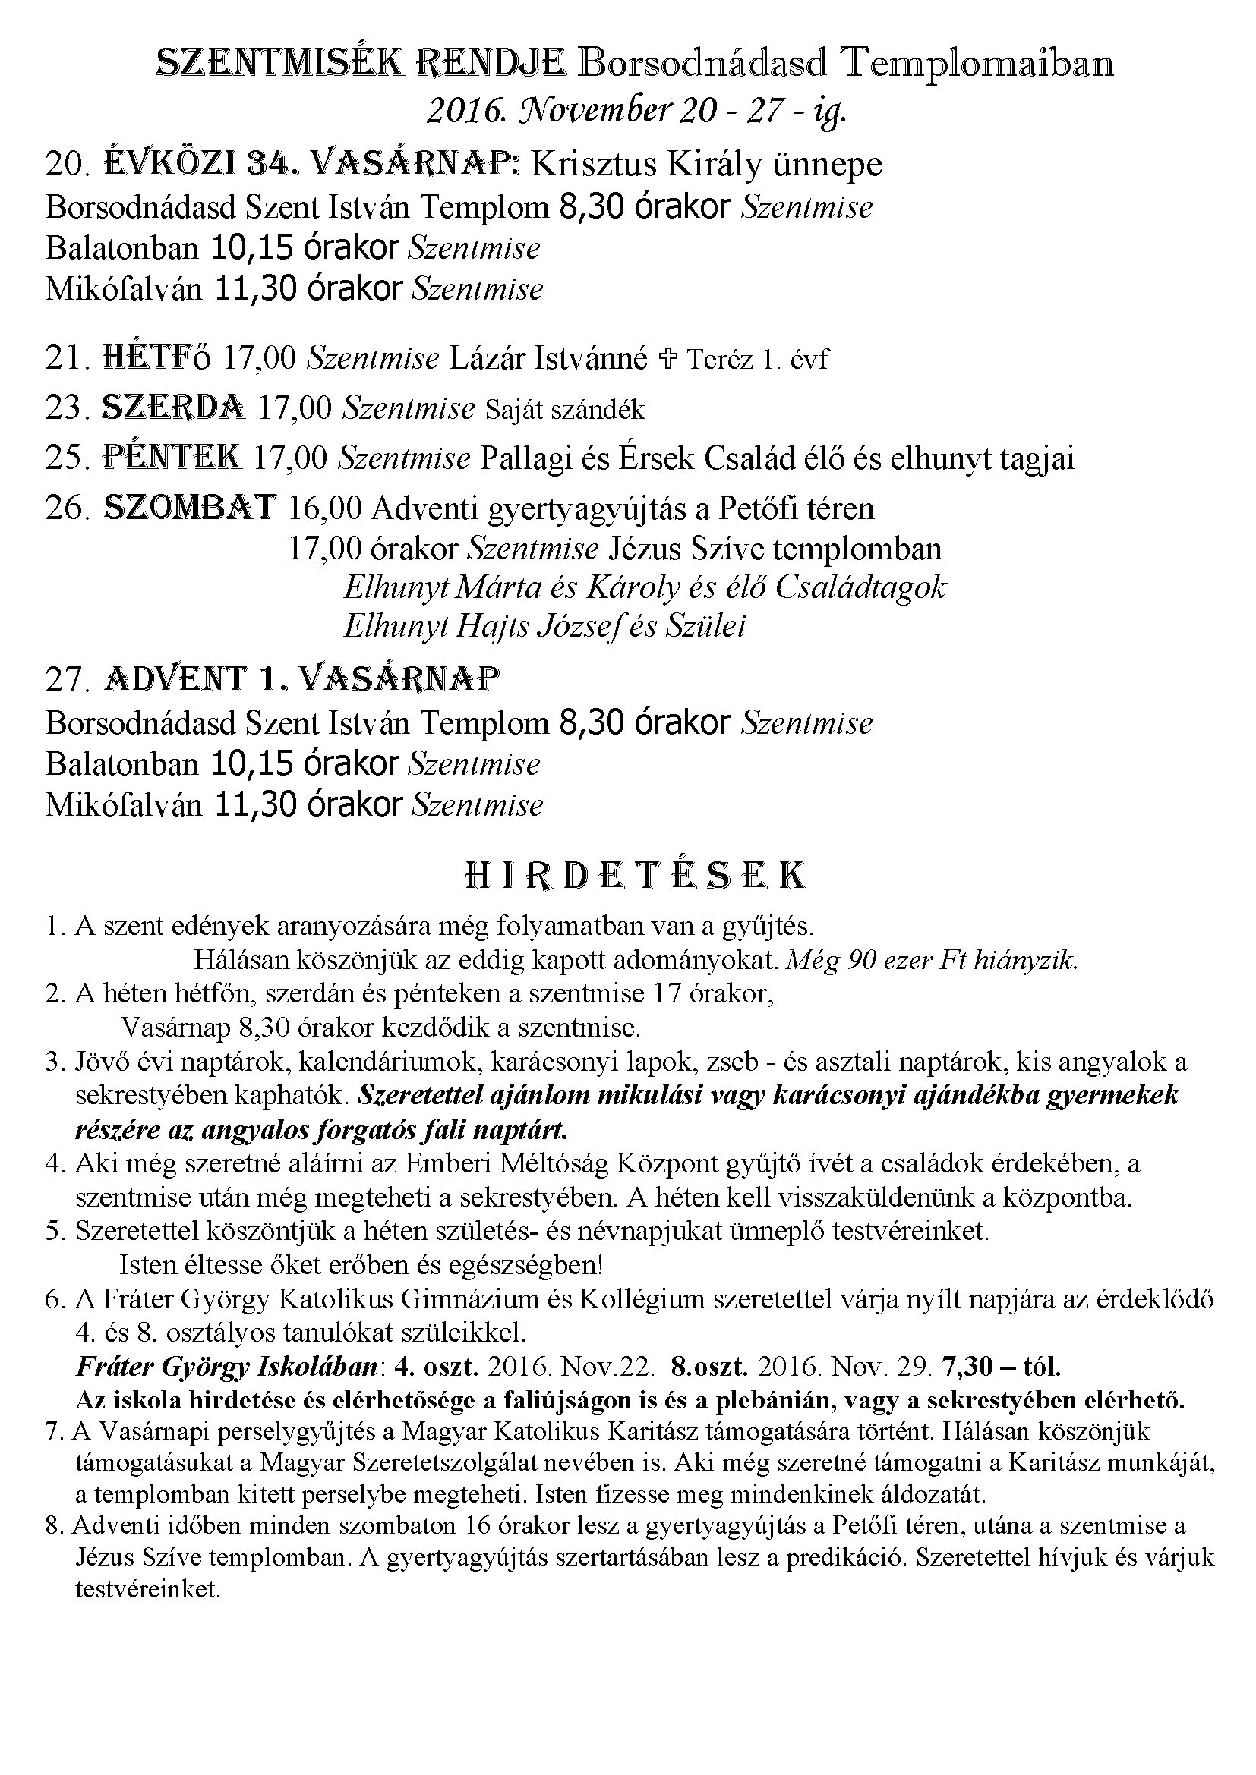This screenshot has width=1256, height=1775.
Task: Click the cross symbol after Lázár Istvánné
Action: click(x=667, y=359)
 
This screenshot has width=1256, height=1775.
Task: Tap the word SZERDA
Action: click(x=174, y=408)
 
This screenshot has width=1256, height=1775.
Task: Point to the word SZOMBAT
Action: click(x=190, y=507)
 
